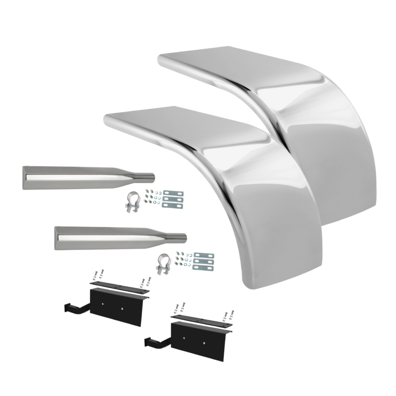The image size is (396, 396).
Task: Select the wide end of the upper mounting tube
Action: pyautogui.click(x=26, y=178)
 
